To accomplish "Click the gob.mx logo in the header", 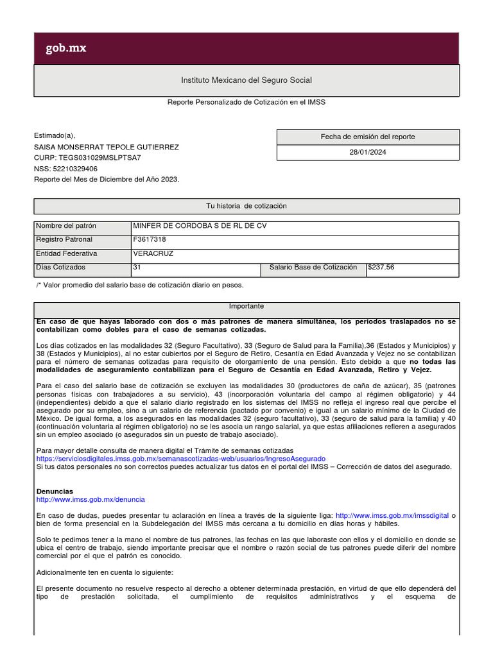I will [65, 49].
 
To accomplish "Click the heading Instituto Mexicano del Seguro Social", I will [246, 80].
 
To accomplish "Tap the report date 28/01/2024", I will [368, 153].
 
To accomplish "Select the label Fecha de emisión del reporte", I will [368, 137].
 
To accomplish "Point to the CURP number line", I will [87, 157].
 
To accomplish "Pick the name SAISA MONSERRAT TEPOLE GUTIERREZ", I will [107, 146].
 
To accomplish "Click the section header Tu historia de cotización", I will [246, 206].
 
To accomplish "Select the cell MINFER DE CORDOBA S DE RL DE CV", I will [199, 226].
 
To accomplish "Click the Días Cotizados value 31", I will [137, 267].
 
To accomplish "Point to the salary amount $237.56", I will [381, 267].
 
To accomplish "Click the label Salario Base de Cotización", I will [313, 267].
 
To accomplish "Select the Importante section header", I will [246, 307].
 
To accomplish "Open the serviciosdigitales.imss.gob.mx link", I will [181, 459].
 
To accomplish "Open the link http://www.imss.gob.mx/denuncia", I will [91, 499].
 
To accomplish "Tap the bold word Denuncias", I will [55, 491].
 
